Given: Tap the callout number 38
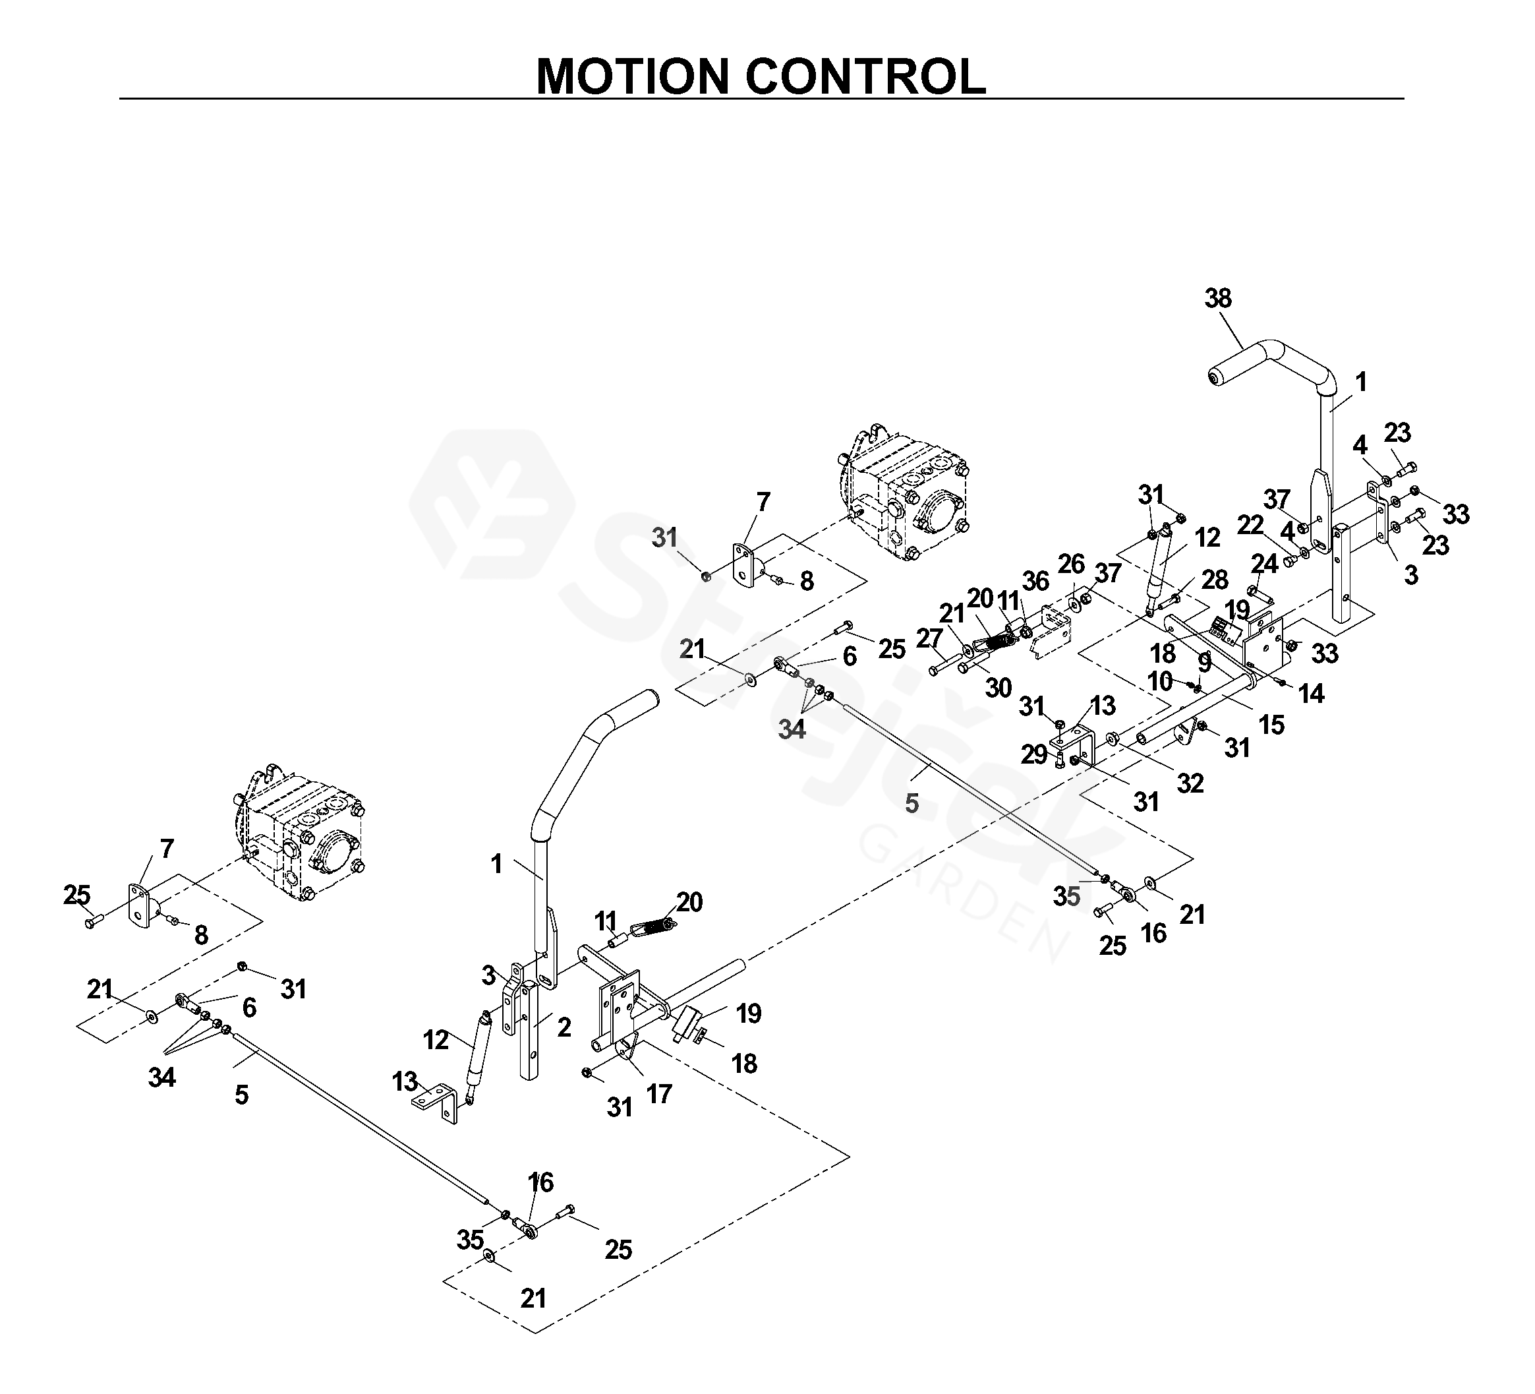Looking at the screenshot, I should (x=1217, y=298).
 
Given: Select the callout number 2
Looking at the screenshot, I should (x=564, y=1027).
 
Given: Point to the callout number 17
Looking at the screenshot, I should (x=659, y=1094).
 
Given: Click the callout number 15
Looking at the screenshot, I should (x=1271, y=725).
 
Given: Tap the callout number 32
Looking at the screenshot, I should (x=1190, y=783).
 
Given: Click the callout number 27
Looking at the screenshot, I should (x=929, y=638).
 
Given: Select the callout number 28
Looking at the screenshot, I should (x=1215, y=580).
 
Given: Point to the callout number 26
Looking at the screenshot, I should (x=1070, y=564).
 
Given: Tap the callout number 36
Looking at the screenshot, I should (x=1035, y=580).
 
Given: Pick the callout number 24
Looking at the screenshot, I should (x=1265, y=564).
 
